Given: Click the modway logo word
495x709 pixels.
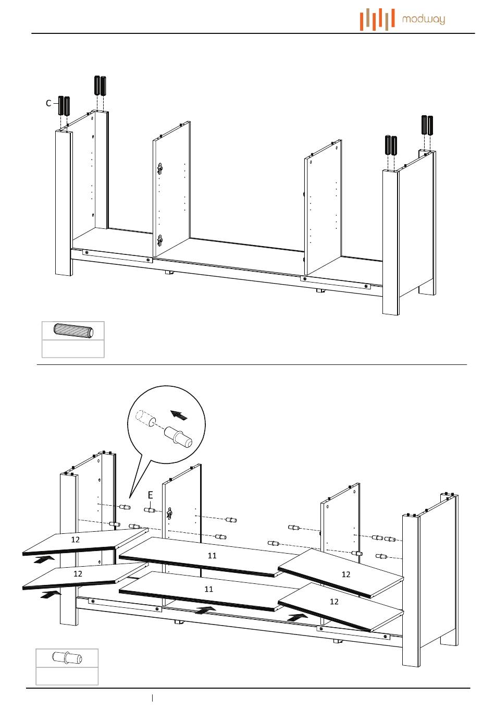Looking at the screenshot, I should (424, 20).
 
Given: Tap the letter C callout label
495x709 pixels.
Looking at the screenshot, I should (48, 103).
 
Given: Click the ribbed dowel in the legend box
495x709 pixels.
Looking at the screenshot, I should (73, 331).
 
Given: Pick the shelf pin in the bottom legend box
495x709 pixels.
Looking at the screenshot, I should (67, 658).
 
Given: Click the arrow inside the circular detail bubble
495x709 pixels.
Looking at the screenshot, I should (179, 415).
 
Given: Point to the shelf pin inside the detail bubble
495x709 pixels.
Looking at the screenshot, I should (178, 437).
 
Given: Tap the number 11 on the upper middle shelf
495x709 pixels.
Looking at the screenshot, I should (212, 556).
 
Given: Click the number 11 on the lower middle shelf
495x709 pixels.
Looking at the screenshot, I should (209, 589).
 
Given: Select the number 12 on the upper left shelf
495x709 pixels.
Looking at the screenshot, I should (76, 540).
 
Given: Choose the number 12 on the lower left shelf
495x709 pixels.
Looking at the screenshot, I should (78, 573).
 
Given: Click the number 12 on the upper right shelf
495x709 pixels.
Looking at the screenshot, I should (346, 574).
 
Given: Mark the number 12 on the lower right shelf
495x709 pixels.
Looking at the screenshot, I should (334, 602).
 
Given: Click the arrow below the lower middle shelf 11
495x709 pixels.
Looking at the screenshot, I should (206, 609).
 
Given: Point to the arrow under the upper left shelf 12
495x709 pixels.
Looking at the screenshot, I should (44, 559).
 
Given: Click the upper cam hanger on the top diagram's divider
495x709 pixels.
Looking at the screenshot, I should (160, 169).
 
